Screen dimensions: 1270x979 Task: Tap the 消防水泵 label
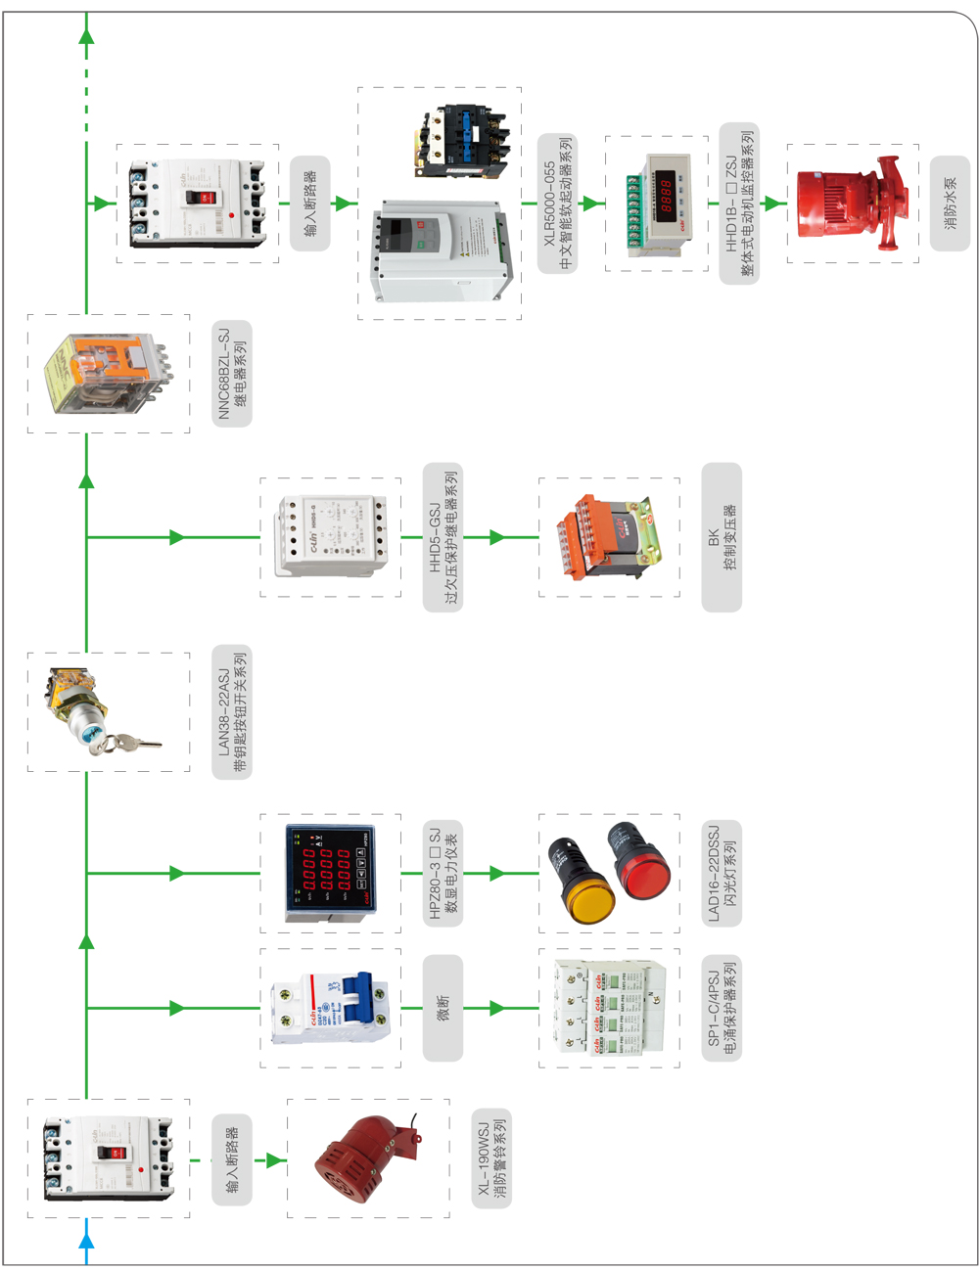(950, 204)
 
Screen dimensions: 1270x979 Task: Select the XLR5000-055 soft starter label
(557, 204)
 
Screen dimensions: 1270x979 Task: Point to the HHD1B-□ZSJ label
(739, 204)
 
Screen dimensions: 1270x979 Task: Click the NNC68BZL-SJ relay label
(232, 374)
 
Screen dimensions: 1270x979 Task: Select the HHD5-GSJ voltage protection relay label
(443, 537)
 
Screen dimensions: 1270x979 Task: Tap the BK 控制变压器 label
(722, 537)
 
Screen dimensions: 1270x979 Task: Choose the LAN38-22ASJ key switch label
(232, 712)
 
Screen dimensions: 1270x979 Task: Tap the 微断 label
(443, 1008)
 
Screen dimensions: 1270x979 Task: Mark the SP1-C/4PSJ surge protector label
(722, 1008)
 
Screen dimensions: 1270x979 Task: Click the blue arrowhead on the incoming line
(86, 1242)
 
